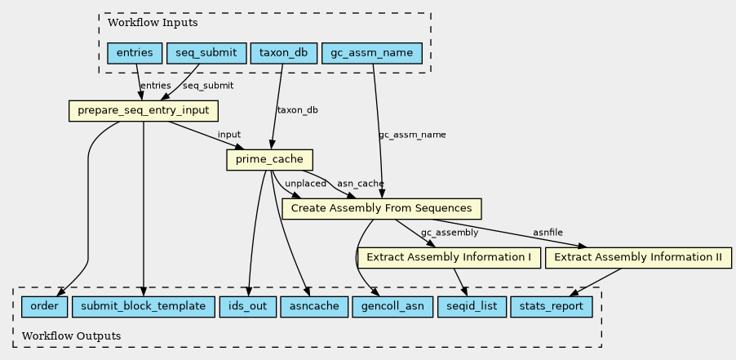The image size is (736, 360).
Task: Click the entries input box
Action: (x=135, y=53)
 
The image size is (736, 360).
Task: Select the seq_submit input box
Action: (x=206, y=53)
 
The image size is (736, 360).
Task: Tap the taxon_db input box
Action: (x=284, y=53)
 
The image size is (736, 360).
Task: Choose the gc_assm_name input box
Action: (x=372, y=53)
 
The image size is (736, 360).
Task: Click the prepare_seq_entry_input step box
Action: (x=143, y=111)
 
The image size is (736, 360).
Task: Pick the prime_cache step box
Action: (x=269, y=160)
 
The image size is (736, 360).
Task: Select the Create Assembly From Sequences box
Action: (x=382, y=208)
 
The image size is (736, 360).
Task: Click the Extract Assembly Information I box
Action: (x=449, y=258)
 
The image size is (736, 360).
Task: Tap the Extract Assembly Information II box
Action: (x=638, y=258)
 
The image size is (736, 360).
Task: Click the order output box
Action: (x=44, y=307)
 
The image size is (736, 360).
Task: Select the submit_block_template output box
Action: (x=143, y=307)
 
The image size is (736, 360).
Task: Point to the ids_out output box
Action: (x=247, y=307)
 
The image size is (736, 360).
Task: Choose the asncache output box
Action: (x=314, y=307)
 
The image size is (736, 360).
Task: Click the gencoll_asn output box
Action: (x=392, y=307)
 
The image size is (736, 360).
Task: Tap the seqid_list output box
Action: (x=472, y=307)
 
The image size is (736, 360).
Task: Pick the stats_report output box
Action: (x=551, y=307)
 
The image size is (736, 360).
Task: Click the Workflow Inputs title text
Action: (x=153, y=23)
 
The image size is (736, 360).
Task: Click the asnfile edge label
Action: (x=548, y=233)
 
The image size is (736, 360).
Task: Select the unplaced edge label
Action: (x=305, y=184)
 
